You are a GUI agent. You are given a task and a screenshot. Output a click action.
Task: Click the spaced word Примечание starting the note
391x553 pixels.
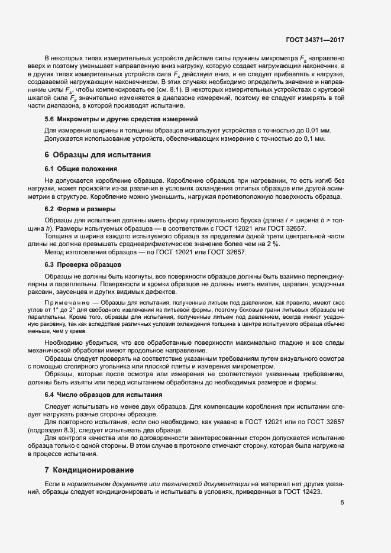[67, 301]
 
